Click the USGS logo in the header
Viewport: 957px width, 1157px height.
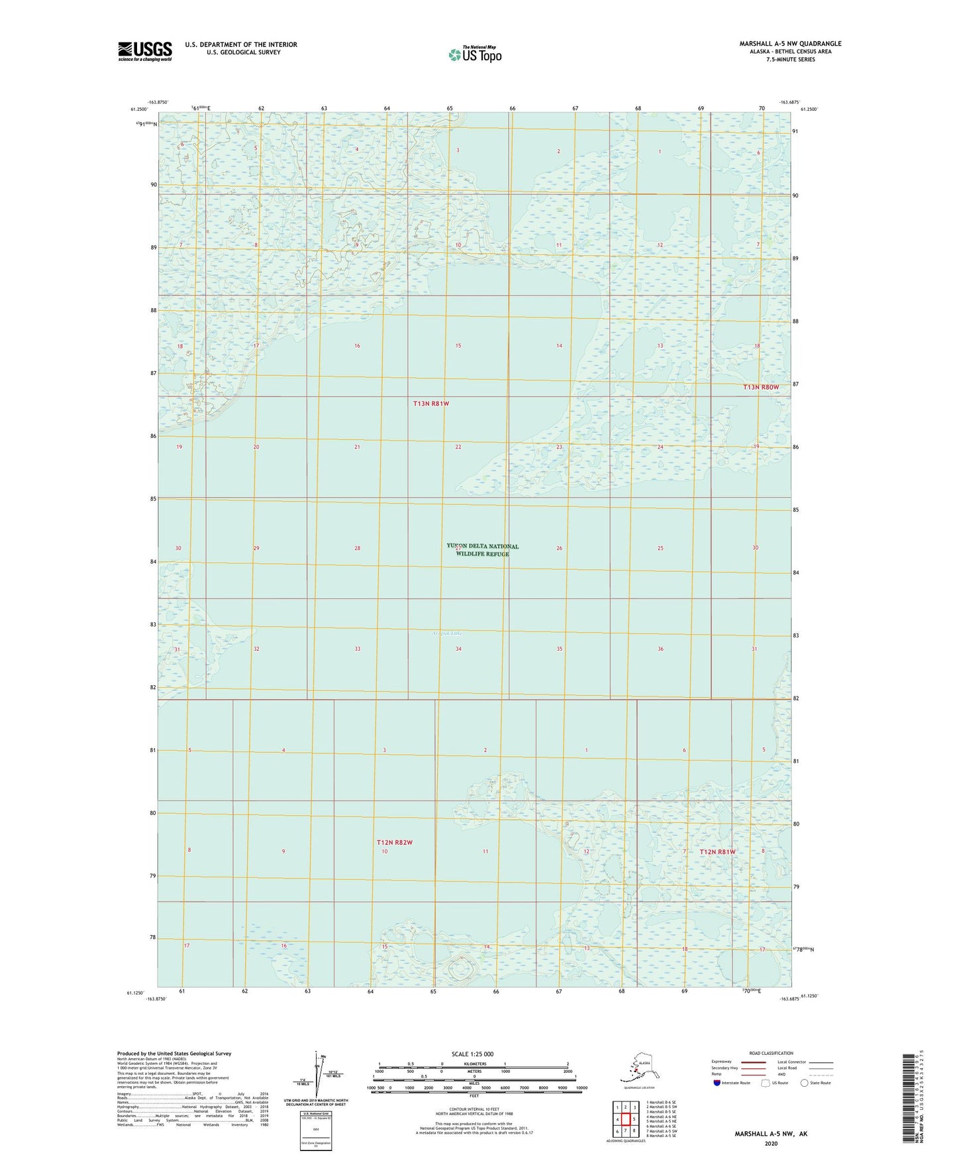point(145,51)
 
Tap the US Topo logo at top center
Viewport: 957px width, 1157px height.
point(474,54)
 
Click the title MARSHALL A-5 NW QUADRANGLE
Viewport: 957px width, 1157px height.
point(790,44)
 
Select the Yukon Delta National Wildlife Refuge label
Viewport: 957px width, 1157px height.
point(483,550)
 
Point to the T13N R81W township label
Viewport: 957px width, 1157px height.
point(431,404)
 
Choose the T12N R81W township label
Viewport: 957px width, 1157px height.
point(718,852)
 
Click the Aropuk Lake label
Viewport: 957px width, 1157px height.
point(447,634)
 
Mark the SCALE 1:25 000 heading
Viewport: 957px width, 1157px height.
point(472,1054)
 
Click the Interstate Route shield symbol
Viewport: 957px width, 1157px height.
point(717,1083)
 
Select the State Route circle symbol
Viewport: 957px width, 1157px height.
point(805,1083)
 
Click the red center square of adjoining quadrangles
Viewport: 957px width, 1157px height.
point(625,1119)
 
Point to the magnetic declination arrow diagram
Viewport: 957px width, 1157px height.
point(317,1076)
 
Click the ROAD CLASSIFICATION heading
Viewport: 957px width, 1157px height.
point(771,1053)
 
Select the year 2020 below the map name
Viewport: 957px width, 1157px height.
point(771,1143)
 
